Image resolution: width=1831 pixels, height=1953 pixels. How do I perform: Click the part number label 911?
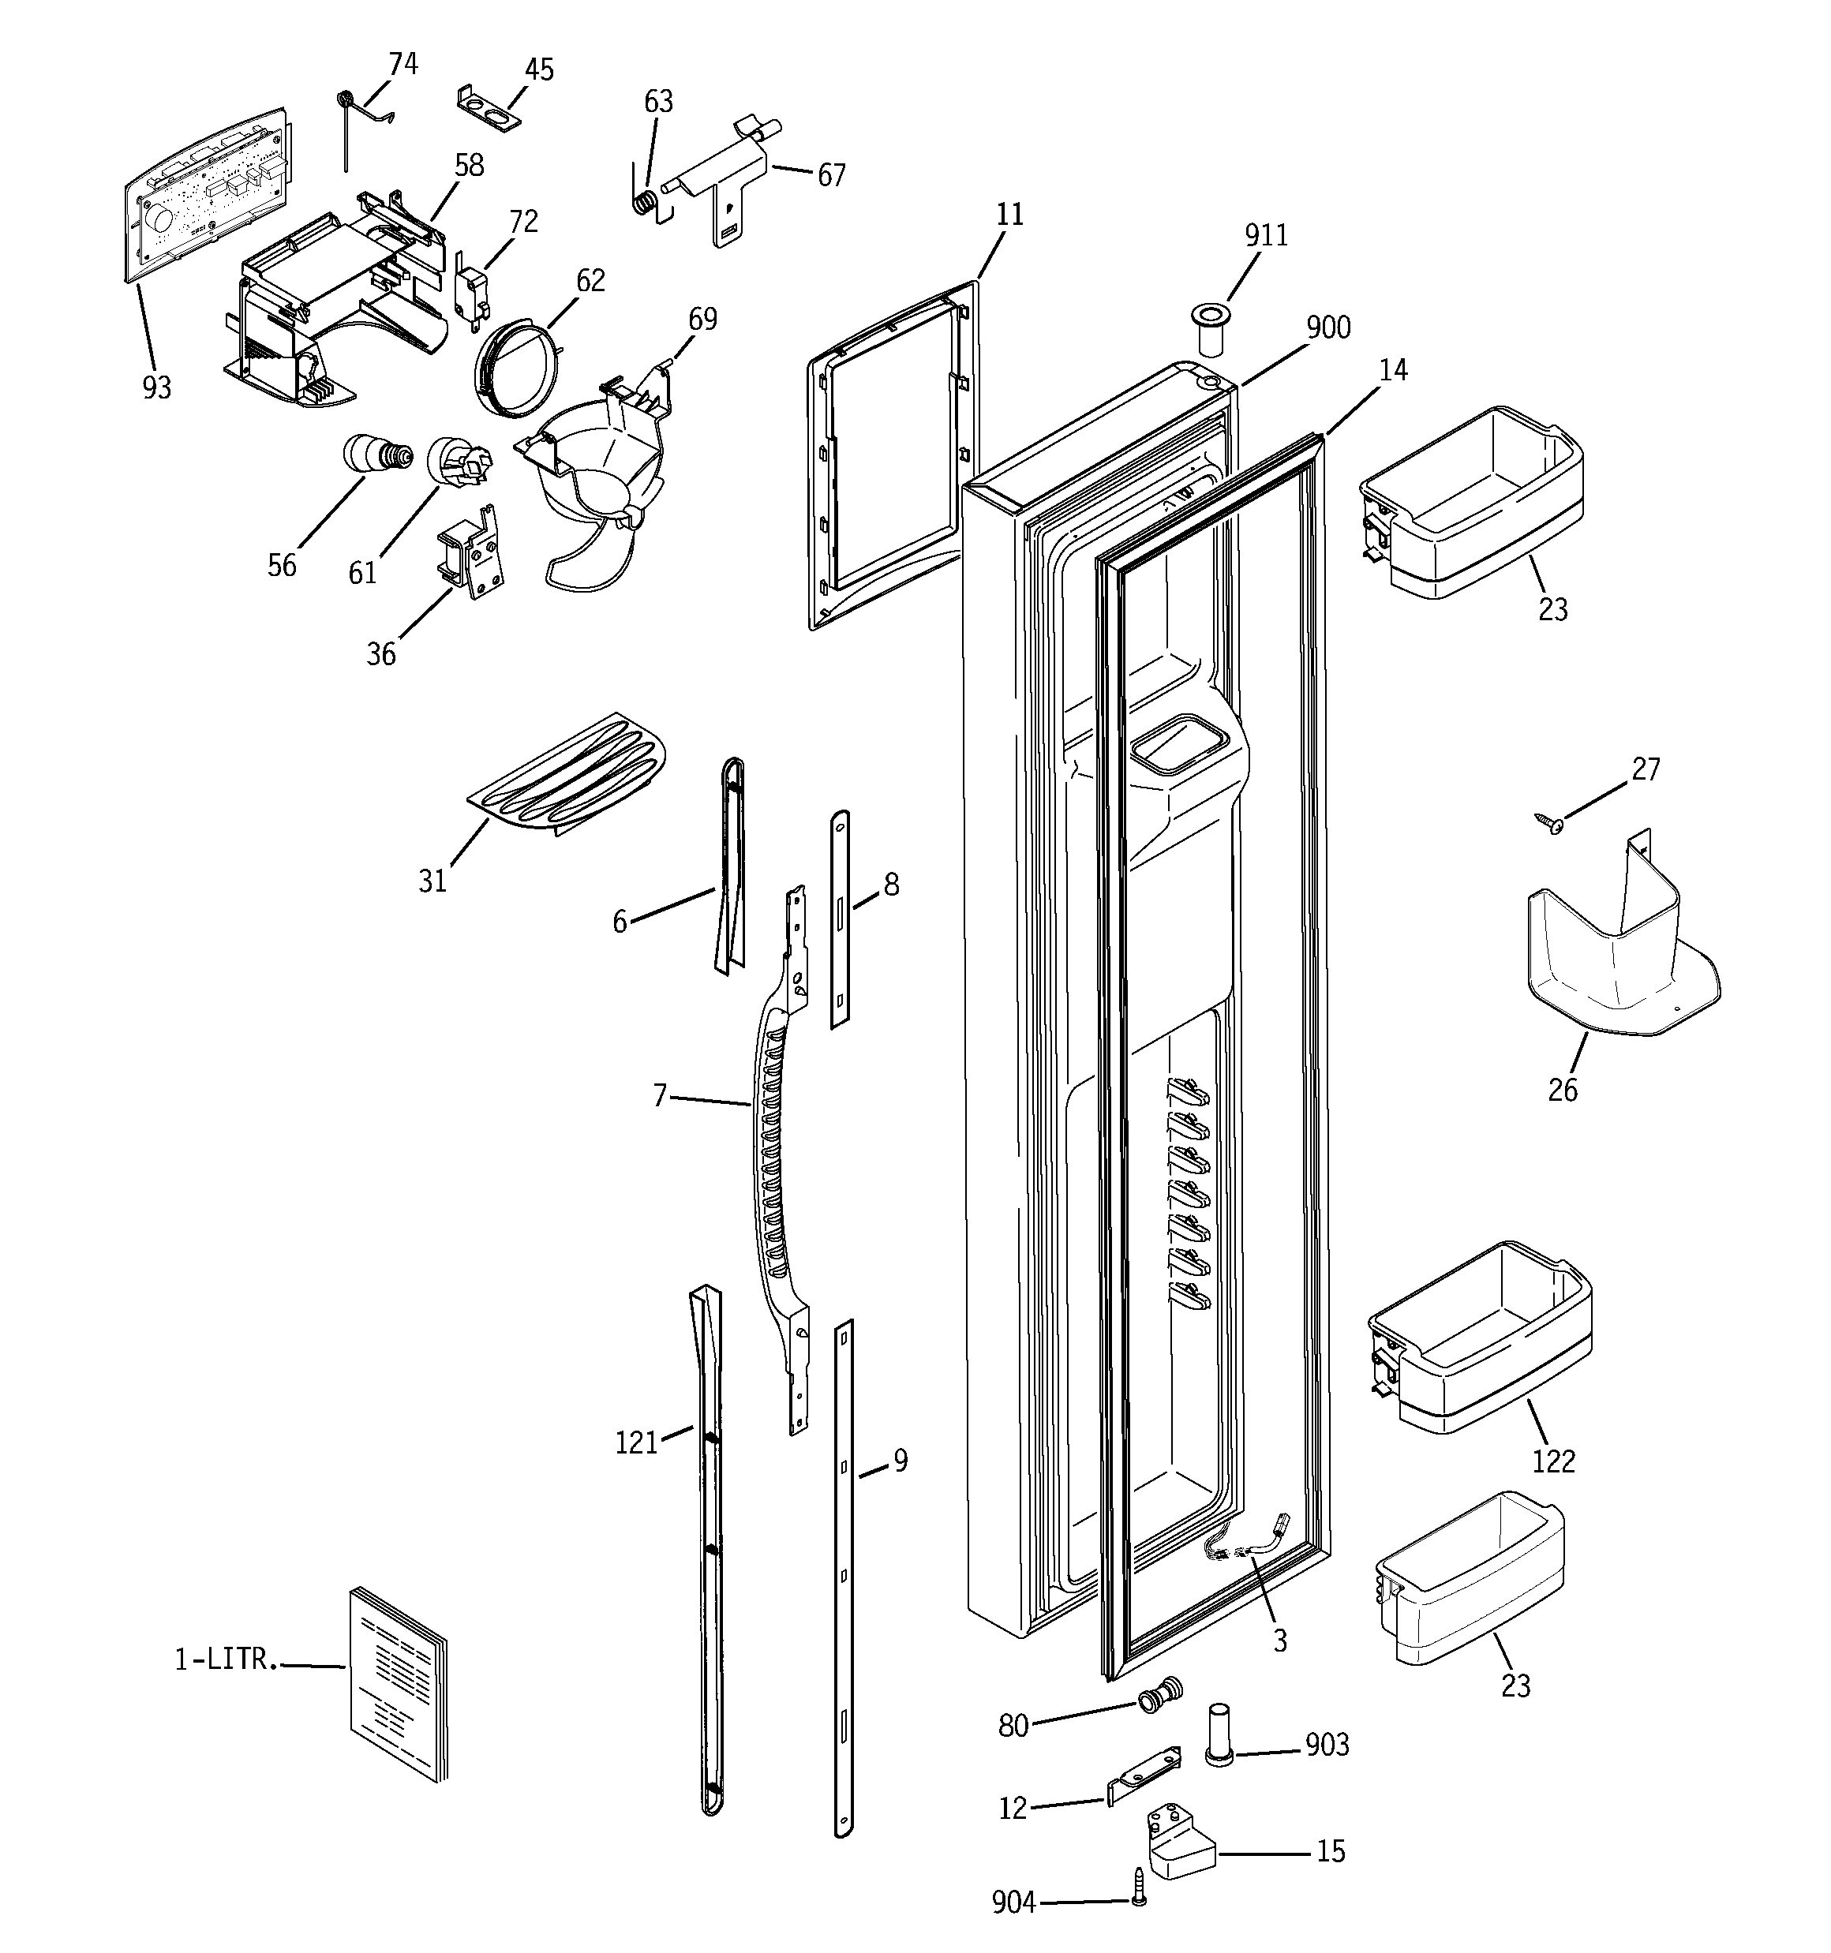[1265, 236]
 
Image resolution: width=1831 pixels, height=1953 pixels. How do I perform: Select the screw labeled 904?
[1139, 1900]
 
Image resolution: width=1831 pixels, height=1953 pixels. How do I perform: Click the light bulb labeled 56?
[373, 454]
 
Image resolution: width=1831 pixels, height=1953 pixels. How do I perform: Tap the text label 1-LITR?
[221, 1659]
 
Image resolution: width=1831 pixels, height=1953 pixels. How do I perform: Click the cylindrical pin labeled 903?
[1219, 1737]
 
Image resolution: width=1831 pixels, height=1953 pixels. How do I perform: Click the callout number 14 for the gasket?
[1393, 370]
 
